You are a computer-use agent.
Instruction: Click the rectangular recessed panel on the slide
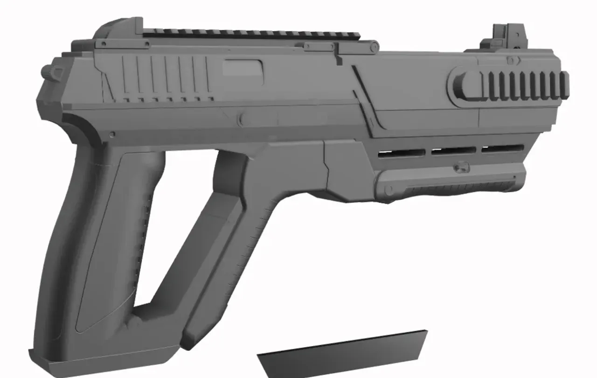[243, 69]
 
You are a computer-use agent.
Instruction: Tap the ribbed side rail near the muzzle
[527, 85]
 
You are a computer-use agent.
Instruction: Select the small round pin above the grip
[112, 134]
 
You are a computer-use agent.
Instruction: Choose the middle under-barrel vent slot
[453, 150]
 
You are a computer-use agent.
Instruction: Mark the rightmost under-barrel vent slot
[502, 148]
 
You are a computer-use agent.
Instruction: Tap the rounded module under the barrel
[448, 184]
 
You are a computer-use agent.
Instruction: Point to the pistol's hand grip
[107, 243]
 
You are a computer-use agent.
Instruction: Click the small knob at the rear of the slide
[47, 71]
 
